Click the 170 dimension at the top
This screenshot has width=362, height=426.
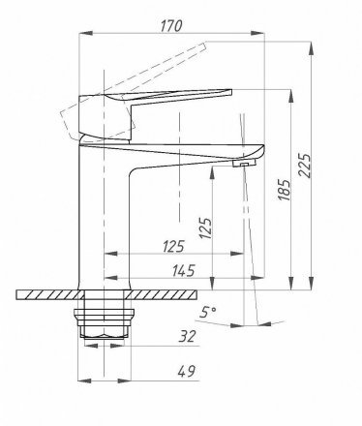tap(171, 26)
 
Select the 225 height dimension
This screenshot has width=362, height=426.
tap(305, 166)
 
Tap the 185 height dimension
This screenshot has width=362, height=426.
tap(285, 190)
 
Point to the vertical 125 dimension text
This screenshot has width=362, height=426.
tap(205, 228)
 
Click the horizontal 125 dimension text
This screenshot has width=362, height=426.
tap(173, 246)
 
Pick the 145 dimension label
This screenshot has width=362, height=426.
tap(183, 270)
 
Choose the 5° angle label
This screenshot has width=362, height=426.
tap(207, 312)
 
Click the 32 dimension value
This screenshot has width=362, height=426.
tap(188, 337)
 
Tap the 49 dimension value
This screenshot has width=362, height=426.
tap(187, 372)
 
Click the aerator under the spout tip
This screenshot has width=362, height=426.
tap(244, 164)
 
